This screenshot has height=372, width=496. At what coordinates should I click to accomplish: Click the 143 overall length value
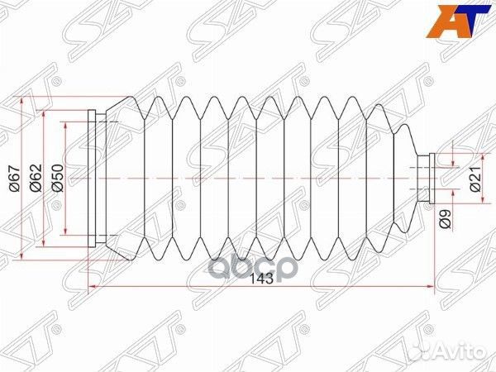point(261,279)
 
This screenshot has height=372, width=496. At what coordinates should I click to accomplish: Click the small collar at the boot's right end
point(426,177)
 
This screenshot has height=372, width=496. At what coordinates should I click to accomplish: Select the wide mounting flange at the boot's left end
point(97,177)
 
